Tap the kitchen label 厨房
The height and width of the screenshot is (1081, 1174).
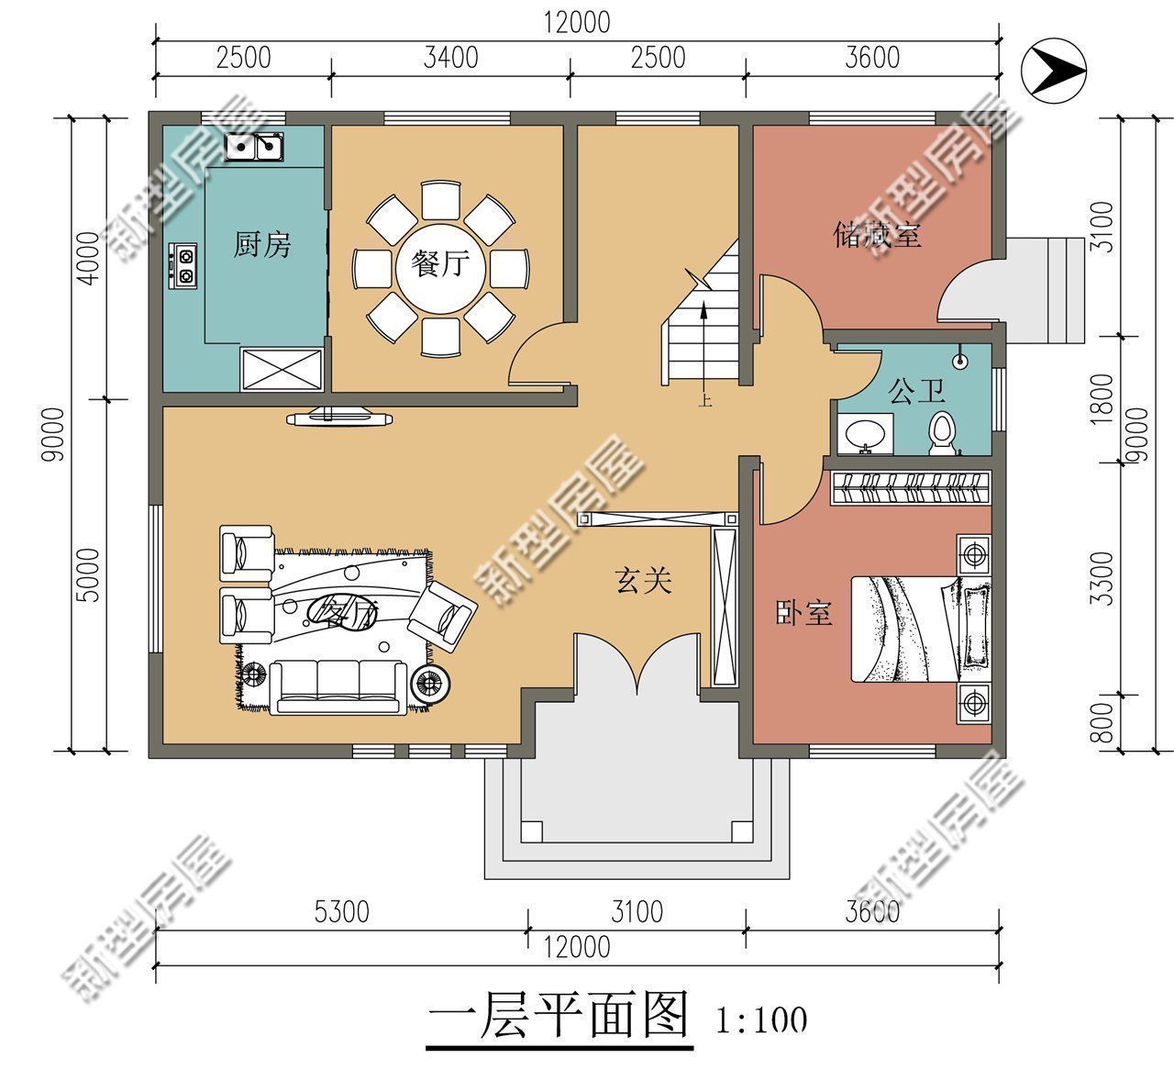pos(262,245)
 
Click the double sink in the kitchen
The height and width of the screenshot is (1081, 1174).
pos(255,146)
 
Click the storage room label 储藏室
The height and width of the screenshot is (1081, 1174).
pos(876,235)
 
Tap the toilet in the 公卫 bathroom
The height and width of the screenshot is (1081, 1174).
pos(942,432)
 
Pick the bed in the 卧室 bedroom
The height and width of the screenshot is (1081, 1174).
pos(917,628)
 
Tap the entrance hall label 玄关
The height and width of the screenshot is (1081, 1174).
pos(643,580)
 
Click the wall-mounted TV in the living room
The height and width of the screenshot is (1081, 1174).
pos(340,418)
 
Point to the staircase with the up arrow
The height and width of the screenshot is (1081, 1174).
pos(702,326)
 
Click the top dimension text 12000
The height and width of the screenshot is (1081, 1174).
pos(576,22)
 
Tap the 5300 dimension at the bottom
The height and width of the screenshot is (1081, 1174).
pos(341,912)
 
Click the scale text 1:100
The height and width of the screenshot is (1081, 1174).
pos(760,1019)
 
